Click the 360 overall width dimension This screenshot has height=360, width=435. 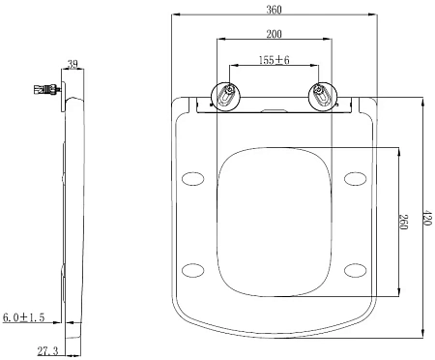tap(274, 10)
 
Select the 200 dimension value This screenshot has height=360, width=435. tap(274, 34)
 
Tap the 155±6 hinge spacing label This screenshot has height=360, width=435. tap(275, 60)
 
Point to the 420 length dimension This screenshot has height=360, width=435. tap(427, 218)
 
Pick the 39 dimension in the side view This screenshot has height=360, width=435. tap(72, 64)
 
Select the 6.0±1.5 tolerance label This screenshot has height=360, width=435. tap(23, 317)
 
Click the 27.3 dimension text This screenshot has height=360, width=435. tap(48, 350)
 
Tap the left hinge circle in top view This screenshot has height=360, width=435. tap(225, 96)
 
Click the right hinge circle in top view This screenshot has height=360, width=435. tap(323, 96)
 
